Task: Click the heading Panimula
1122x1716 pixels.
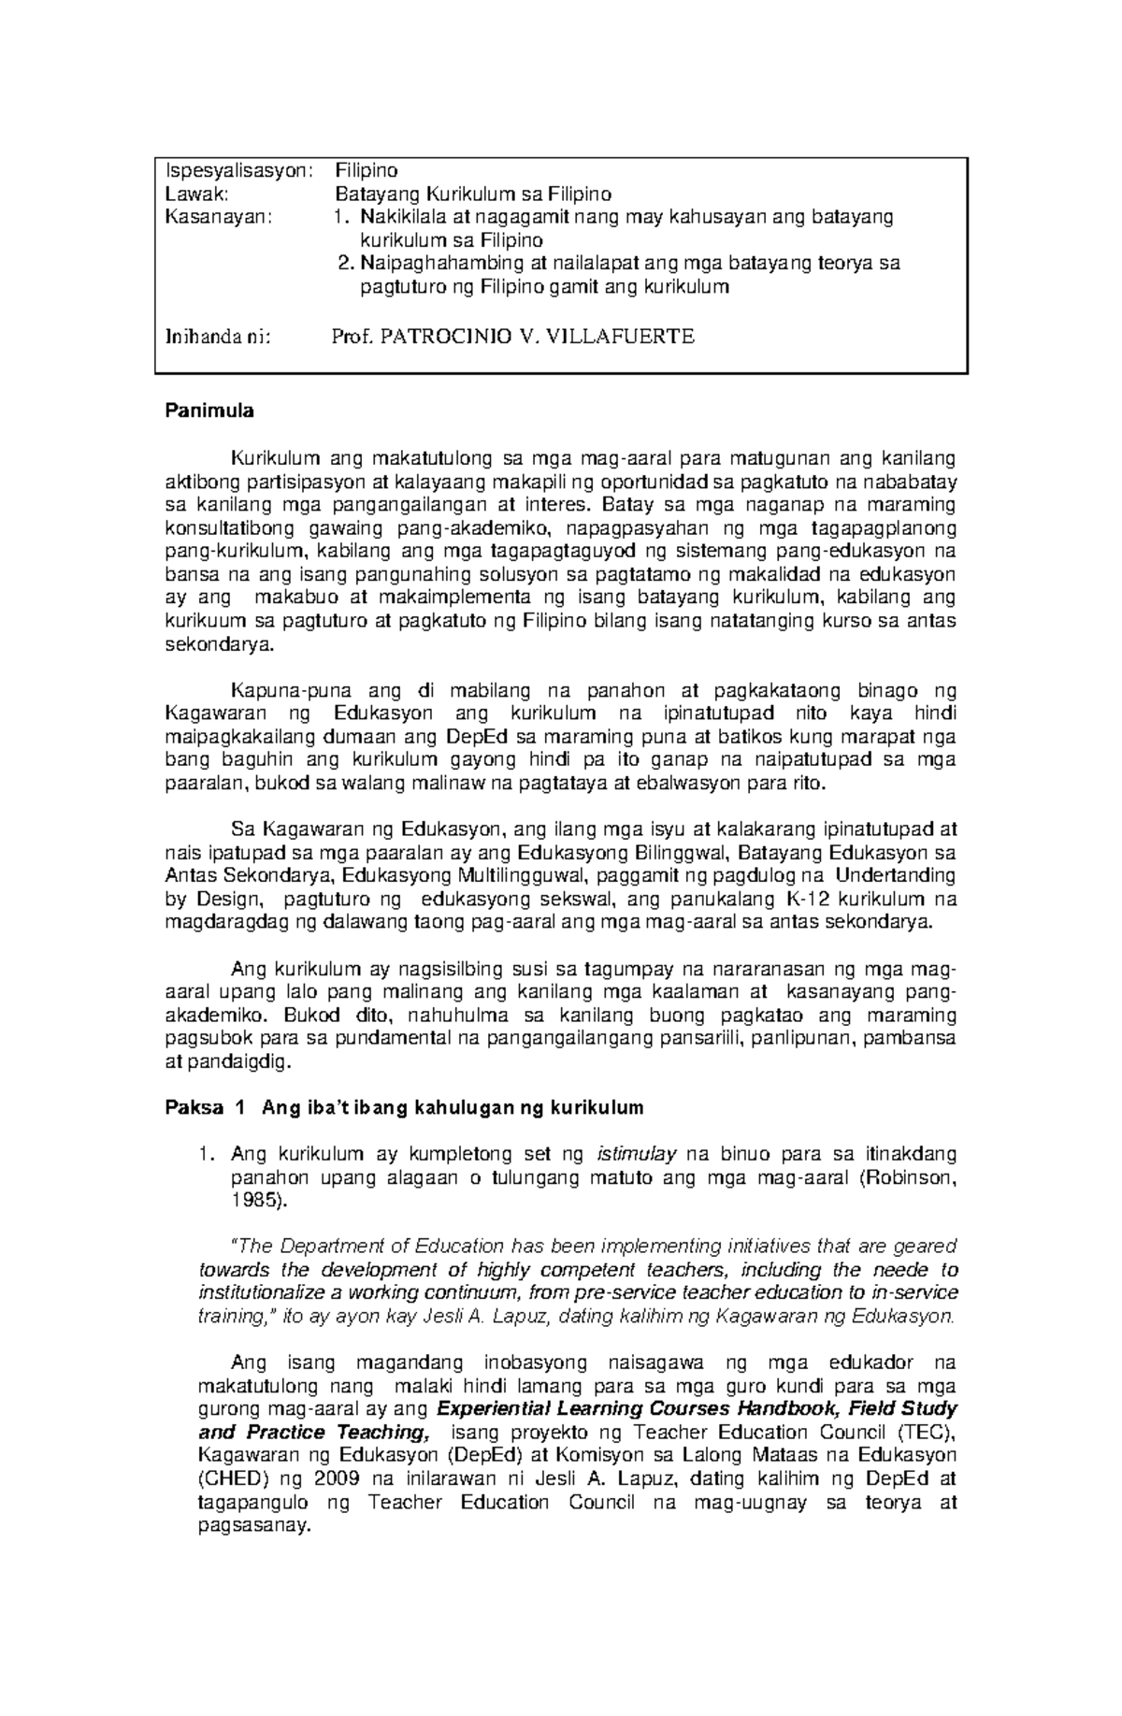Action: [209, 411]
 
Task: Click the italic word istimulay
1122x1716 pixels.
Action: [635, 1155]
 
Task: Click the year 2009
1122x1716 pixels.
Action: [336, 1478]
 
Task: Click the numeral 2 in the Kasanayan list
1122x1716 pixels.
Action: [342, 264]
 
